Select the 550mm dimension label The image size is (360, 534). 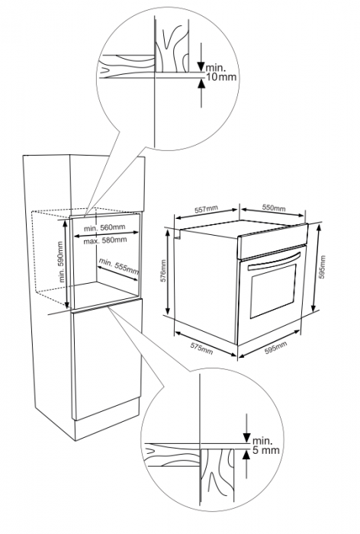click(x=274, y=208)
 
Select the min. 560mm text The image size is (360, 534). click(x=105, y=228)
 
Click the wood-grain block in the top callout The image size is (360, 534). click(x=172, y=50)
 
